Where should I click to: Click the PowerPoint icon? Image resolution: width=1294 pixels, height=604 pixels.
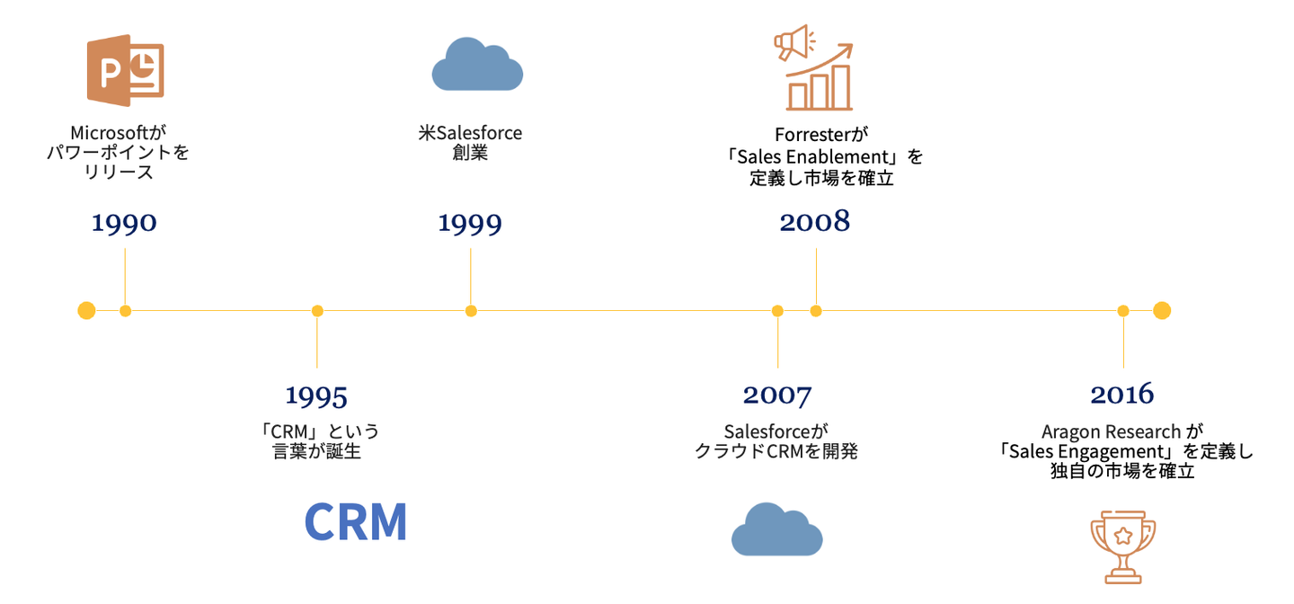tap(126, 70)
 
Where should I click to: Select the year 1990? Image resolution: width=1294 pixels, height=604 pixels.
tap(124, 223)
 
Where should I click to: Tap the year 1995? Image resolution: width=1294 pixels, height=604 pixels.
tap(316, 395)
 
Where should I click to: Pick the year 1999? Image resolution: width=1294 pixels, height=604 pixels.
tap(470, 223)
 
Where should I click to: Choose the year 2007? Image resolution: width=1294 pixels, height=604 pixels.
tap(777, 395)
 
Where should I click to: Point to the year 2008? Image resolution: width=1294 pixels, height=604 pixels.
tap(814, 221)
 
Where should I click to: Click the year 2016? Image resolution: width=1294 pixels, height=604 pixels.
tap(1121, 395)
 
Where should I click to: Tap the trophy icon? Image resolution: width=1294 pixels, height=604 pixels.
tap(1122, 546)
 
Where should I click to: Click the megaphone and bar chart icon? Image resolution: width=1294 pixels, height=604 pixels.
tap(814, 67)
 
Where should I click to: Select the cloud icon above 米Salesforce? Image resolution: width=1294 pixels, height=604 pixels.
tap(477, 64)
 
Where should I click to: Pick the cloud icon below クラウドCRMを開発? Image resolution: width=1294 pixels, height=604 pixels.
tap(777, 529)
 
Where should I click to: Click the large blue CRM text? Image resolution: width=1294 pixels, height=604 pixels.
tap(355, 521)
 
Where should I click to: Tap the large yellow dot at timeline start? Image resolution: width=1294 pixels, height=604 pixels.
tap(86, 310)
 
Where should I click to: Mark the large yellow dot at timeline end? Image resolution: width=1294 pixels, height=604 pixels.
tap(1162, 310)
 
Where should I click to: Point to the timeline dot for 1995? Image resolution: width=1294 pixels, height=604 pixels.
tap(317, 311)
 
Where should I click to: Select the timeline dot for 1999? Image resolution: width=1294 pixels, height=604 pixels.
tap(471, 311)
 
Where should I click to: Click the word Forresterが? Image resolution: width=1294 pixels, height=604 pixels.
tap(821, 135)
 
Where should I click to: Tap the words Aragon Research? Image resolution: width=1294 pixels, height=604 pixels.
tap(1111, 431)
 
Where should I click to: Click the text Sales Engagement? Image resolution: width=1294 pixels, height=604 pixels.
tap(1087, 451)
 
